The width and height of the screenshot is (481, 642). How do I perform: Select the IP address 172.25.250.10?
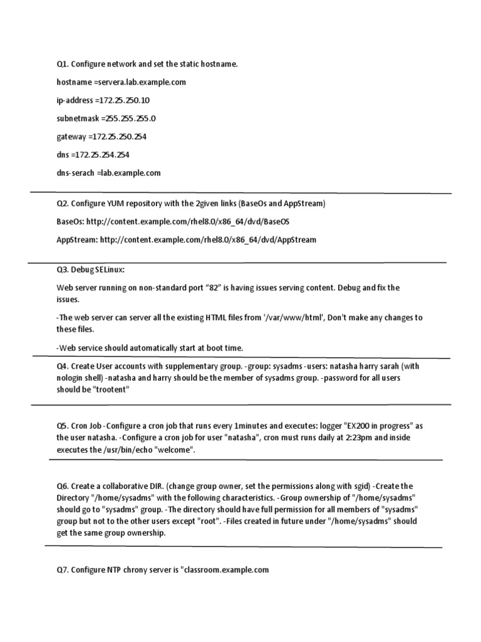pyautogui.click(x=124, y=100)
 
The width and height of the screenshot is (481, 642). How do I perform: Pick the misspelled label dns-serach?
pyautogui.click(x=75, y=172)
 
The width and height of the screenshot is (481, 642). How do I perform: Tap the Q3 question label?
pyautogui.click(x=62, y=270)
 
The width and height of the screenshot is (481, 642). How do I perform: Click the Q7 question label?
pyautogui.click(x=62, y=570)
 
